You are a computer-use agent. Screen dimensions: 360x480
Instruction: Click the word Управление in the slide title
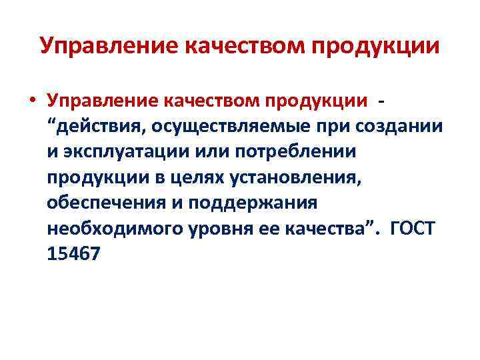tap(106, 46)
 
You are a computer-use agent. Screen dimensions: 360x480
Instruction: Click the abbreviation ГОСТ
tap(414, 229)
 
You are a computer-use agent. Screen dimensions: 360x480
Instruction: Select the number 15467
tap(73, 255)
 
